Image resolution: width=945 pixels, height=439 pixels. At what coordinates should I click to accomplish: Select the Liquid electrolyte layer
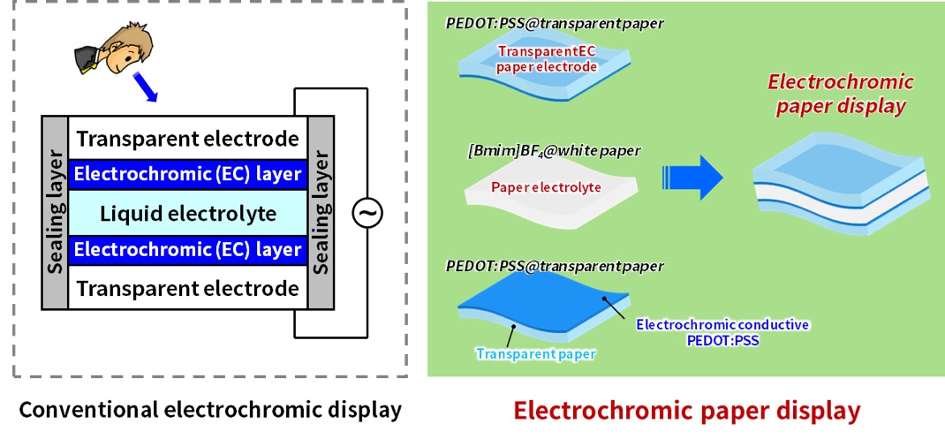point(187,214)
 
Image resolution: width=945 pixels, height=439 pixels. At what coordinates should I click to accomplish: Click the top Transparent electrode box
point(187,138)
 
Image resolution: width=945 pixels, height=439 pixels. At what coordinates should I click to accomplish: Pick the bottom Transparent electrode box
point(187,288)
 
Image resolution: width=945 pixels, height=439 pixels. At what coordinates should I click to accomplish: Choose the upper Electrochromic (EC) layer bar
point(187,174)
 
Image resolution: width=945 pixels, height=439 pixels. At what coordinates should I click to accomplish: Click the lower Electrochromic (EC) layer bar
point(187,250)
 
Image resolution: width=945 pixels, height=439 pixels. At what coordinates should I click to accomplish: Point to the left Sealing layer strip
point(55,213)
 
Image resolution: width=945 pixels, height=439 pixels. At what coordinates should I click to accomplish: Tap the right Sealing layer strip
point(321,213)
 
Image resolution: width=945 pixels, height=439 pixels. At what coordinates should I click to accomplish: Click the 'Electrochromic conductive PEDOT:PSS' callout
point(722,331)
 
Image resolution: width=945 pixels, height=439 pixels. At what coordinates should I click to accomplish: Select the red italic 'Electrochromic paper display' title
point(828,95)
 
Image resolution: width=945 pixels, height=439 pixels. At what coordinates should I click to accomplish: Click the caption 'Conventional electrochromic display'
point(210,411)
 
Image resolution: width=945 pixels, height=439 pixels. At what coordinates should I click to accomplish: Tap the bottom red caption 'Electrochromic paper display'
point(686,411)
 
